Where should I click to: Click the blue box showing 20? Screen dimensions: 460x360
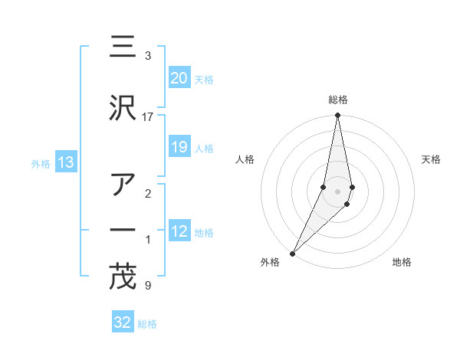[x=179, y=78]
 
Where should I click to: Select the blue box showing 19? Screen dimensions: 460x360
[x=179, y=147]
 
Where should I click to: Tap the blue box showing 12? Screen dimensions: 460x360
[x=179, y=231]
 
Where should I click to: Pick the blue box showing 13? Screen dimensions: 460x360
[x=65, y=162]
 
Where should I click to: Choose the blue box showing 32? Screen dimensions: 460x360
[x=123, y=322]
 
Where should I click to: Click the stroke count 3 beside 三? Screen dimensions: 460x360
[x=147, y=56]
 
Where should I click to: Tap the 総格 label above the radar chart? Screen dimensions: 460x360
[x=337, y=100]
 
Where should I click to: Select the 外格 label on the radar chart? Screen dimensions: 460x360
[x=270, y=262]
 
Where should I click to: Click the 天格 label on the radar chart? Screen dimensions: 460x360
[x=432, y=159]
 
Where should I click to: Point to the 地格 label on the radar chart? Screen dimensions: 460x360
[x=402, y=262]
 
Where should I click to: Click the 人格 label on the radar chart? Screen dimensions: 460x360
[x=245, y=159]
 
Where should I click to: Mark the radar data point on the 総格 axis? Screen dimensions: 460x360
[x=337, y=116]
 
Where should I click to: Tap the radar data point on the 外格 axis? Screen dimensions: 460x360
[x=292, y=253]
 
